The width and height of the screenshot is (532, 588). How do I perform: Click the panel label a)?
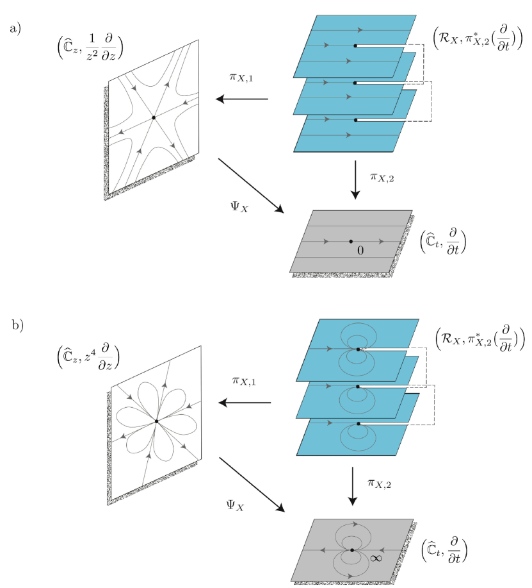tap(16, 29)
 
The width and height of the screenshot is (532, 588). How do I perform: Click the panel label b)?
tap(17, 325)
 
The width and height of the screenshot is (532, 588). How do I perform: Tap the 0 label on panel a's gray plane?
tap(360, 251)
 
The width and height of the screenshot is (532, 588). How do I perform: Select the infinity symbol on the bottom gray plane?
tap(376, 558)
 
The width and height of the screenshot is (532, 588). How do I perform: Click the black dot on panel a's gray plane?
tap(351, 241)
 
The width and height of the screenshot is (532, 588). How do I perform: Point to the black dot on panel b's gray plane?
tap(352, 550)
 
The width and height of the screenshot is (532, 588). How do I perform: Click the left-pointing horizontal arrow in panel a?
tap(241, 99)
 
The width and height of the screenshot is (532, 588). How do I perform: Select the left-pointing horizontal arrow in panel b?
tap(245, 403)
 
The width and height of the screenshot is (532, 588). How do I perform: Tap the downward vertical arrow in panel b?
tap(351, 487)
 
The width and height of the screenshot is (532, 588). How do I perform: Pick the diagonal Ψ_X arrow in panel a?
tap(251, 185)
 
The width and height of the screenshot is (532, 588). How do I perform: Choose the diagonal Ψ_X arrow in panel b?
tap(252, 484)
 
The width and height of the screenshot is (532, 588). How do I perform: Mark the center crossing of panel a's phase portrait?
tap(154, 116)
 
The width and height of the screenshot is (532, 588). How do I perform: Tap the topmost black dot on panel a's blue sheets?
tap(355, 46)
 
